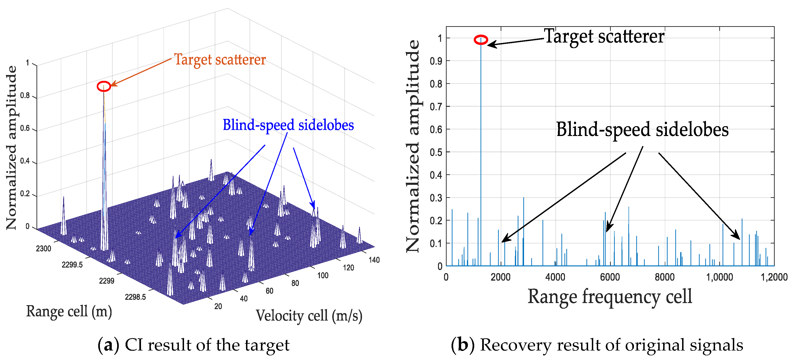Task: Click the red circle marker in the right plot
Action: (481, 40)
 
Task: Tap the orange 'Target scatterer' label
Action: (220, 60)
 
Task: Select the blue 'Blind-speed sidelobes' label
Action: (288, 125)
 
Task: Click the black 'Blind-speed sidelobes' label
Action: (642, 129)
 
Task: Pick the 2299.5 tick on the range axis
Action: (72, 264)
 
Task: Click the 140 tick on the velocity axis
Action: (374, 260)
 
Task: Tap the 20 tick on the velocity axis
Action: (218, 306)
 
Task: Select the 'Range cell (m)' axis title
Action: (69, 311)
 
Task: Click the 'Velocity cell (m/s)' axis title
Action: (309, 315)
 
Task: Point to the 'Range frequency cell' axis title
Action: (610, 297)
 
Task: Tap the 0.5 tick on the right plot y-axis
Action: (436, 152)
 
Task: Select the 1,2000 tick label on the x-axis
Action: (774, 277)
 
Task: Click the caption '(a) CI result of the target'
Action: (193, 345)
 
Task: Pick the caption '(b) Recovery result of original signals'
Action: (597, 345)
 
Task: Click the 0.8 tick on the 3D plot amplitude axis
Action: (25, 96)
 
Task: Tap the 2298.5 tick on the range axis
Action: (135, 297)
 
